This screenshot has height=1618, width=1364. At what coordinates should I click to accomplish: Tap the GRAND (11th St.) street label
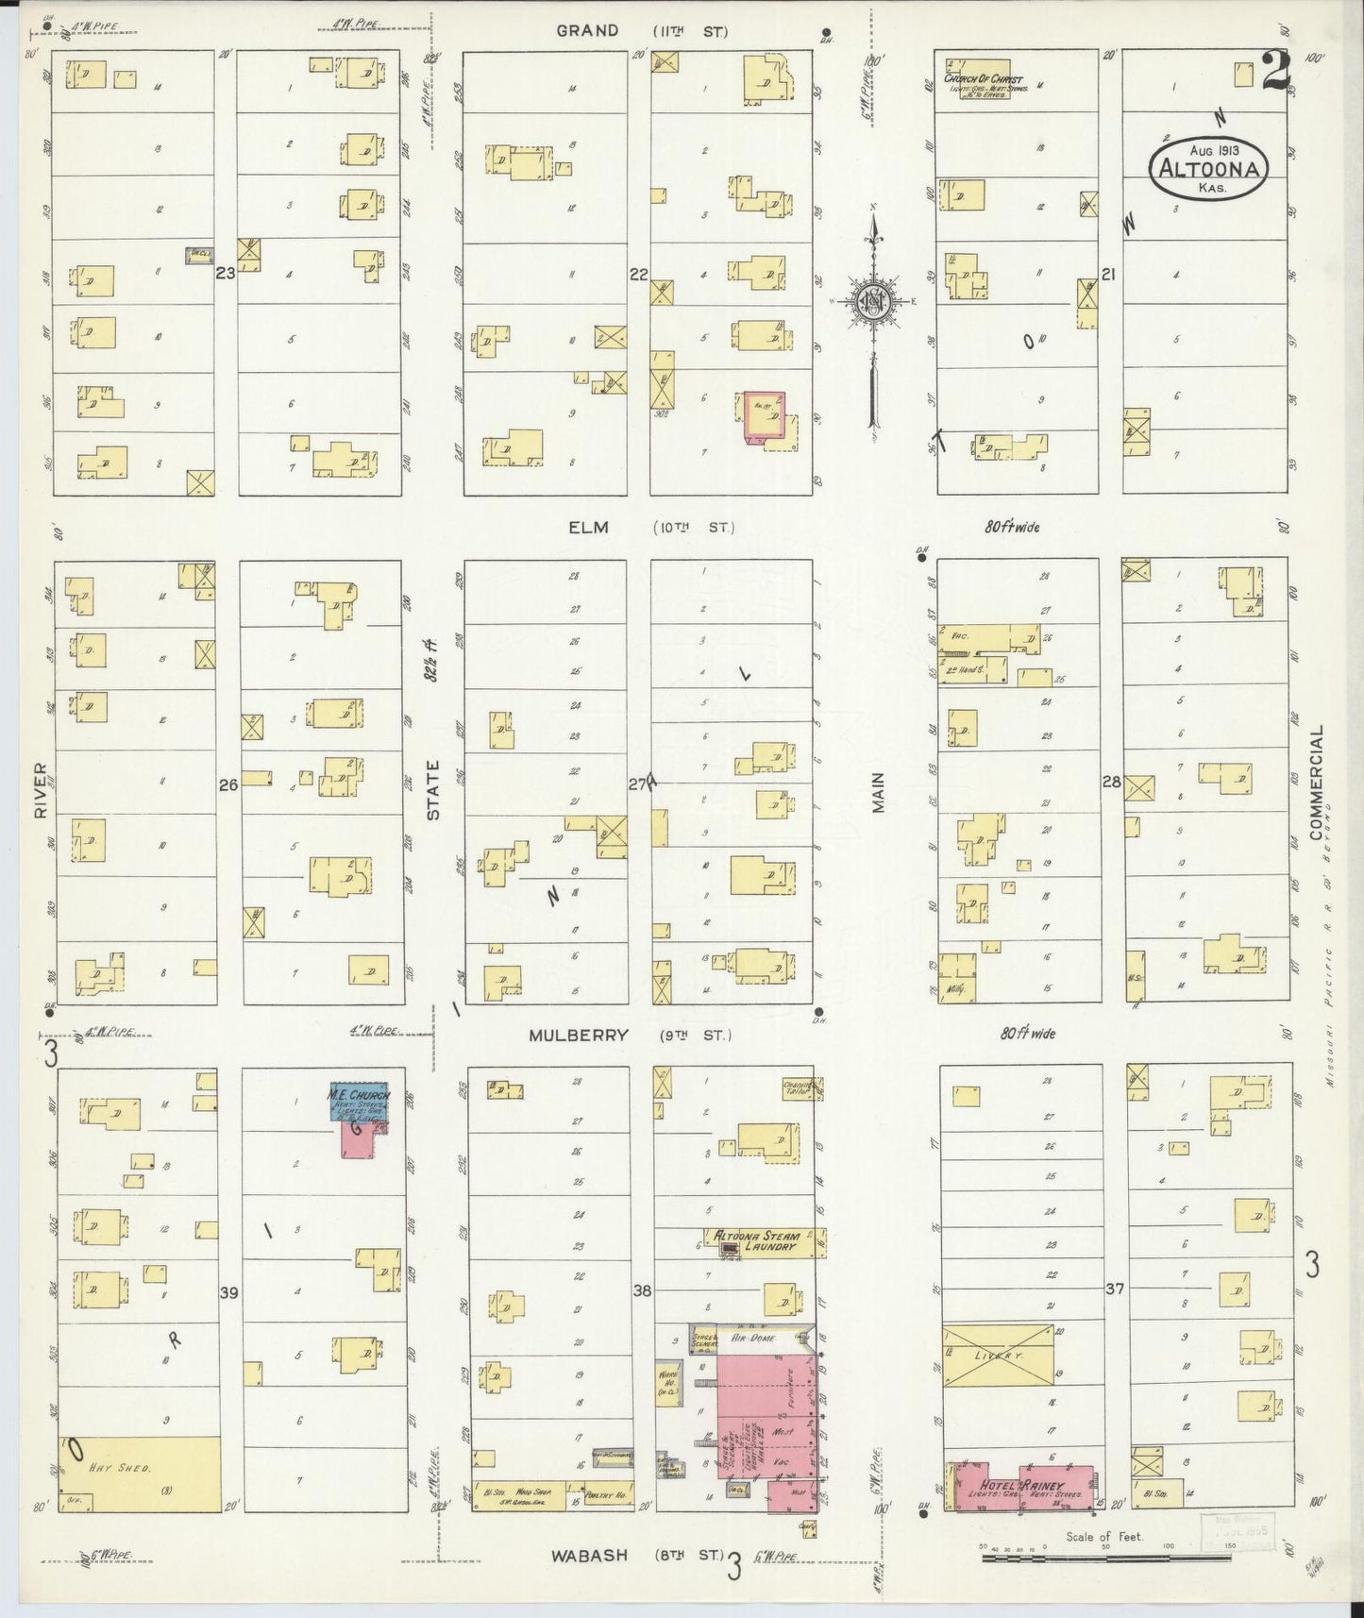[x=642, y=31]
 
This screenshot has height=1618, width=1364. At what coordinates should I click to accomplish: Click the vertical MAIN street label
[x=878, y=793]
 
